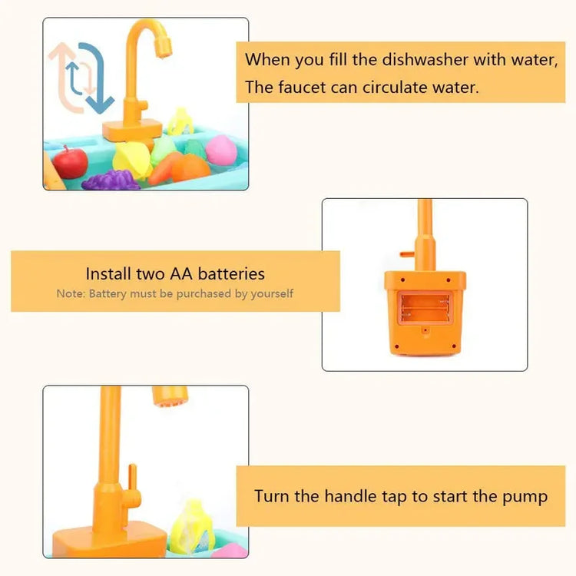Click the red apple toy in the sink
(x=71, y=162)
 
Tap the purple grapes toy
(x=111, y=181)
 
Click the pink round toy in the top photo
(x=221, y=151)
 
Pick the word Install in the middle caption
(x=108, y=273)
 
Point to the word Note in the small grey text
(x=70, y=293)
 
